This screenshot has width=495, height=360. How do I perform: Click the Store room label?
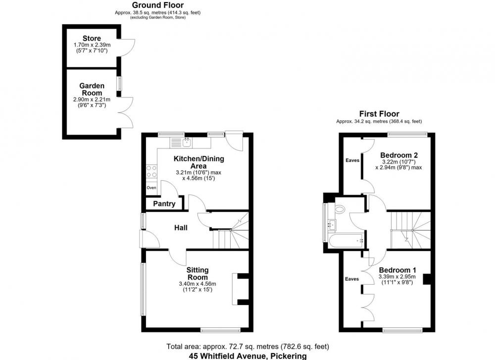92,39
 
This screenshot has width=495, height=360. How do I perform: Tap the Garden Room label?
92,89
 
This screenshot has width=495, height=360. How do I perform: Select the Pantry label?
164,204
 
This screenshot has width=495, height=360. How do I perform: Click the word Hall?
181,227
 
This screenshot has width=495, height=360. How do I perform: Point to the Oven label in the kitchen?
151,188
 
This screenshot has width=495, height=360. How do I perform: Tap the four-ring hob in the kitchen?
151,171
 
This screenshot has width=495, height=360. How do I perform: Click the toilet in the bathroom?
340,209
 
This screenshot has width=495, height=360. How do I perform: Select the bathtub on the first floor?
346,241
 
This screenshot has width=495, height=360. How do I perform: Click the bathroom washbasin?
332,224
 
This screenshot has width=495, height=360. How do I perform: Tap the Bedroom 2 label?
398,155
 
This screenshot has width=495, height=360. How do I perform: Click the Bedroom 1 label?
397,270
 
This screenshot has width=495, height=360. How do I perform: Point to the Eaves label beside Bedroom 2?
352,160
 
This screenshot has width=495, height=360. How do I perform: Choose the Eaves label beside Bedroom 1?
351,279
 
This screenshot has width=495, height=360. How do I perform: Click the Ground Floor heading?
158,5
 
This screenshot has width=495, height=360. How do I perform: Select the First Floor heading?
379,114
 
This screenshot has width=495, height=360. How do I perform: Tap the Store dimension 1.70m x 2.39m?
92,45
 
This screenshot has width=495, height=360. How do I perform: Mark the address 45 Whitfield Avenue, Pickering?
248,356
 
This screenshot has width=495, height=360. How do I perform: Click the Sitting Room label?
198,273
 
